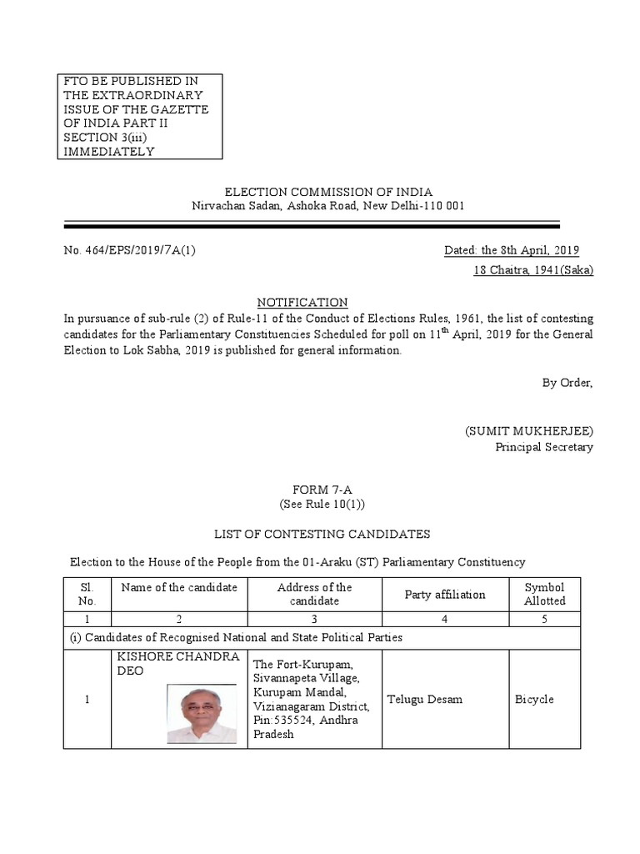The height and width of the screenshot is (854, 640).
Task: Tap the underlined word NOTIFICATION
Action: pos(302,302)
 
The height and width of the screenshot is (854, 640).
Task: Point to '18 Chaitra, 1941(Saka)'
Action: pos(533,271)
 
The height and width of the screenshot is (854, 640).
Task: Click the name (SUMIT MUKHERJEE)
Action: pos(528,430)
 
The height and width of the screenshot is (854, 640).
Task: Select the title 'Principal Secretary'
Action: pos(544,447)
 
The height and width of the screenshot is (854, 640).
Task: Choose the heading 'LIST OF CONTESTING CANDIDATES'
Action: pos(322,534)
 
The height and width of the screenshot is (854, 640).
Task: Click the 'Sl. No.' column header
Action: pos(87,594)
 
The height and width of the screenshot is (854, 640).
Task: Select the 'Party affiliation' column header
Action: pos(444,595)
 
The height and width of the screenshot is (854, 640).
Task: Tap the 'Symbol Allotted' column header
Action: pos(544,594)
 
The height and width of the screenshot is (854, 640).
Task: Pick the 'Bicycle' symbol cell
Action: pos(534,699)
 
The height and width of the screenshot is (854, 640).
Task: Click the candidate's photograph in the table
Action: pos(202,714)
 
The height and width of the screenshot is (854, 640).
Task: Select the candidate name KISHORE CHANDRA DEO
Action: pos(179,664)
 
